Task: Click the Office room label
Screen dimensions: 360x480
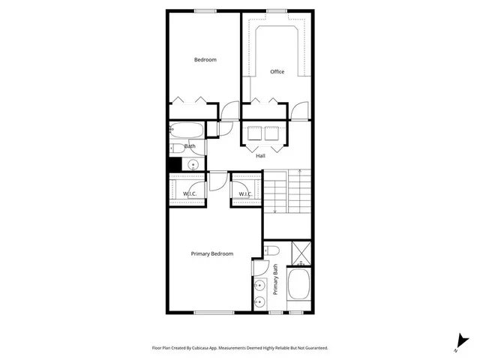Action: pyautogui.click(x=277, y=72)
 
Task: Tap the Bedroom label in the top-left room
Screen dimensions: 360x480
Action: pyautogui.click(x=205, y=60)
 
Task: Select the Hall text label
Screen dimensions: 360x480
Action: pyautogui.click(x=260, y=156)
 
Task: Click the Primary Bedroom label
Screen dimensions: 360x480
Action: pyautogui.click(x=212, y=253)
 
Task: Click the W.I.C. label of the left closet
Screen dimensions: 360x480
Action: pyautogui.click(x=190, y=194)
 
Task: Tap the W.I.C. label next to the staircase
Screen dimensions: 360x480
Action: pyautogui.click(x=244, y=194)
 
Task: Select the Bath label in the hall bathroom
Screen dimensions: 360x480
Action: pyautogui.click(x=190, y=146)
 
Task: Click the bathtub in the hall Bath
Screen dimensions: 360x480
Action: pyautogui.click(x=185, y=129)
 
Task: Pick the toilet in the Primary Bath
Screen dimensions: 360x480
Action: pyautogui.click(x=273, y=250)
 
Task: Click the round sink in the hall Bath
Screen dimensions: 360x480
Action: pyautogui.click(x=193, y=164)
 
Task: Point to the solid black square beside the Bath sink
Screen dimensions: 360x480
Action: pyautogui.click(x=175, y=164)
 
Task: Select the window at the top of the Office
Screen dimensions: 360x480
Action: pyautogui.click(x=276, y=10)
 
